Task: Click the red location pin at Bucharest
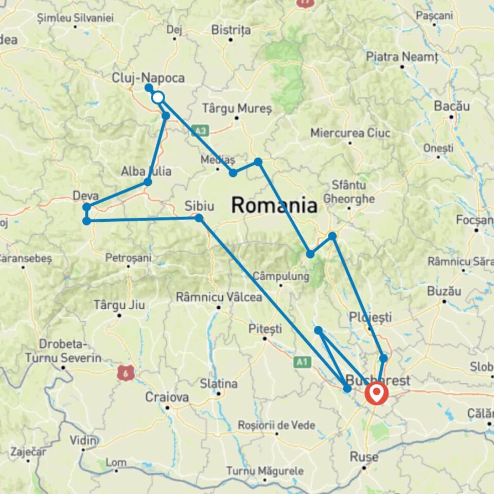(x=377, y=394)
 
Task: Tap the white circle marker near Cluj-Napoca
(x=157, y=97)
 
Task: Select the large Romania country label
(x=274, y=205)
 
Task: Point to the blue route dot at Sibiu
(x=199, y=218)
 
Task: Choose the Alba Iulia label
(x=146, y=171)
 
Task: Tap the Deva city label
(x=85, y=196)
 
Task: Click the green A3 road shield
(x=200, y=130)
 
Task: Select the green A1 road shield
(x=301, y=362)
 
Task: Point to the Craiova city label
(x=167, y=397)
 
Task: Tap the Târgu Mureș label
(x=236, y=108)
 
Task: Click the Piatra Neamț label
(x=402, y=57)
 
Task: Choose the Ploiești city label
(x=370, y=316)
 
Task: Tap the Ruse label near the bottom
(x=364, y=457)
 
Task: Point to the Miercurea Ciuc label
(x=350, y=133)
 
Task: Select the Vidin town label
(x=84, y=440)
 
